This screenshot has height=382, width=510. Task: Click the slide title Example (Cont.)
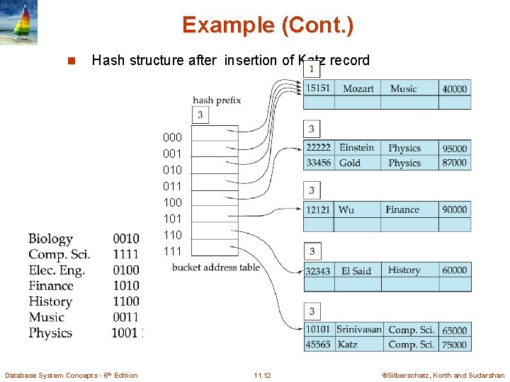[267, 25]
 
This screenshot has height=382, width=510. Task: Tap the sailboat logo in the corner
[19, 23]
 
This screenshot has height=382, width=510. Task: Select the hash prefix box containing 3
[200, 115]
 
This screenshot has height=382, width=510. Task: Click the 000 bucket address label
[172, 137]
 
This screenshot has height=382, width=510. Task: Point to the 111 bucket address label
[172, 251]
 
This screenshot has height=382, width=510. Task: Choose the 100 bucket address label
[172, 202]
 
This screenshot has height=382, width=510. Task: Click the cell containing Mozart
[358, 88]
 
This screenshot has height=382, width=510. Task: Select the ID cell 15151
[317, 88]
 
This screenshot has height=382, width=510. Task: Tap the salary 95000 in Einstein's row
[454, 149]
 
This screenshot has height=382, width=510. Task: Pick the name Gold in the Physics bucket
[350, 163]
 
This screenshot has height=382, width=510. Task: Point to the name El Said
[356, 270]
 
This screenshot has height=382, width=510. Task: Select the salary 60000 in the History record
[454, 270]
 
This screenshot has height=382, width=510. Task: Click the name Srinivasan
[358, 330]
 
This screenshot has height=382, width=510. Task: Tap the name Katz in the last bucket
[348, 345]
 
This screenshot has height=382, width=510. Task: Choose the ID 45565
[317, 345]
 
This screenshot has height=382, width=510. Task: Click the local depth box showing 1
[310, 69]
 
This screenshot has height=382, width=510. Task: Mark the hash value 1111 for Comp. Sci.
[125, 255]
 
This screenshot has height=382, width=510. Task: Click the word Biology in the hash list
[50, 239]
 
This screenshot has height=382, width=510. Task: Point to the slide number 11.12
[262, 375]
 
